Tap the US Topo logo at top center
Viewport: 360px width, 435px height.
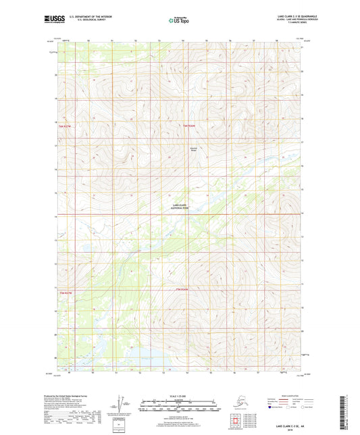click(x=179, y=19)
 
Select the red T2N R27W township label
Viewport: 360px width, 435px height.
click(x=66, y=292)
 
